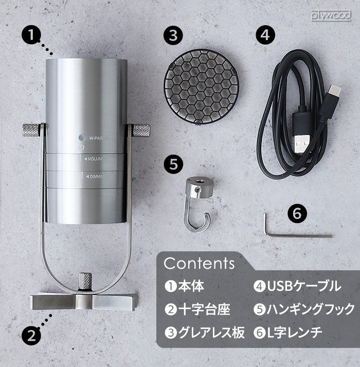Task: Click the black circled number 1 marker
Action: (32, 35)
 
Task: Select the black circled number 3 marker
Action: (173, 35)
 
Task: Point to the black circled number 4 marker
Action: (265, 35)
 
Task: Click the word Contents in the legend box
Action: (199, 264)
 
